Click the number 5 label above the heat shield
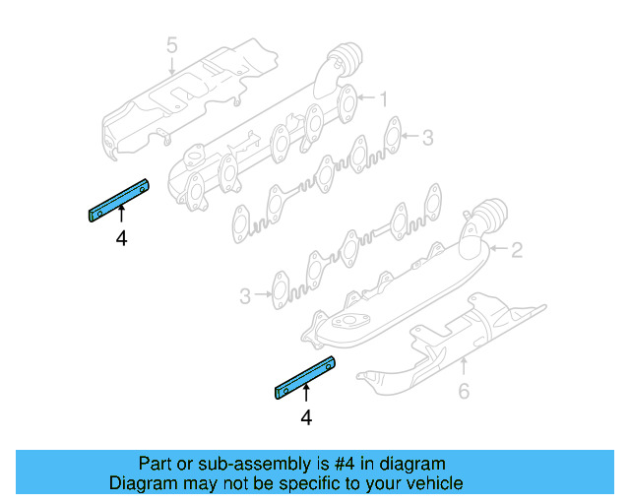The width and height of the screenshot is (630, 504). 171,45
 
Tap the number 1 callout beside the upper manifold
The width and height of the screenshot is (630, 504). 384,98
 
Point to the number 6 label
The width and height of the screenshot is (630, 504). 464,393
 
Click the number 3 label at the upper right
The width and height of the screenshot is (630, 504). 427,139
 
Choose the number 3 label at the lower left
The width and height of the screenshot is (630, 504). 245,294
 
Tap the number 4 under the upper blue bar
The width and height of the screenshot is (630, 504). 121,238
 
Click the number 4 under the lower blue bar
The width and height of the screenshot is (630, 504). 305,418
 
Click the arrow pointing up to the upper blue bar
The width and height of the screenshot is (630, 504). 121,216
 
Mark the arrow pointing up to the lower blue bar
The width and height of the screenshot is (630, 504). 305,396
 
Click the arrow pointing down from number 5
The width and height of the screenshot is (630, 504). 171,66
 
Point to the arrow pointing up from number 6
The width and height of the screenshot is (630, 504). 464,369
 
